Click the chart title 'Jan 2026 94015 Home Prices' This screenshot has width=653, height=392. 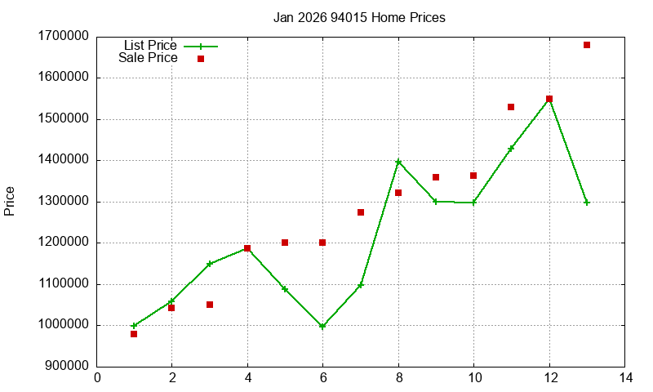pyautogui.click(x=359, y=17)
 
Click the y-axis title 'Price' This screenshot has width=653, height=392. pyautogui.click(x=10, y=201)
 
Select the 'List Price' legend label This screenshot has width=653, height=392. pyautogui.click(x=150, y=46)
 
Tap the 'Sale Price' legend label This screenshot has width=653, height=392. pyautogui.click(x=148, y=58)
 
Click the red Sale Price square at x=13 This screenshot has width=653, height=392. pyautogui.click(x=587, y=45)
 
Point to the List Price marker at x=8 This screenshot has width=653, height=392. pyautogui.click(x=398, y=162)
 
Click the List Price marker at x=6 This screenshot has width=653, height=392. pyautogui.click(x=322, y=326)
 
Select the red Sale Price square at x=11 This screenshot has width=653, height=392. pyautogui.click(x=511, y=107)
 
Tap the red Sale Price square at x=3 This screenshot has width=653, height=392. pyautogui.click(x=210, y=305)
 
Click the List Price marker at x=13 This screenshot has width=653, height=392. pyautogui.click(x=587, y=203)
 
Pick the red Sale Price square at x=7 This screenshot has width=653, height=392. pyautogui.click(x=361, y=212)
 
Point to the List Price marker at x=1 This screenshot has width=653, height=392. pyautogui.click(x=134, y=326)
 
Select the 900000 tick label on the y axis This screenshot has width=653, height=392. pyautogui.click(x=62, y=367)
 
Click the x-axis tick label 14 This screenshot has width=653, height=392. pyautogui.click(x=625, y=378)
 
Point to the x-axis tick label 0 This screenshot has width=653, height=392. pyautogui.click(x=97, y=378)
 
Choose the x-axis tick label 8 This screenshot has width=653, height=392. pyautogui.click(x=398, y=378)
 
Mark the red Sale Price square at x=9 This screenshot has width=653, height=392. pyautogui.click(x=436, y=177)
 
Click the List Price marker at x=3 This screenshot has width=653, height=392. pyautogui.click(x=210, y=264)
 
